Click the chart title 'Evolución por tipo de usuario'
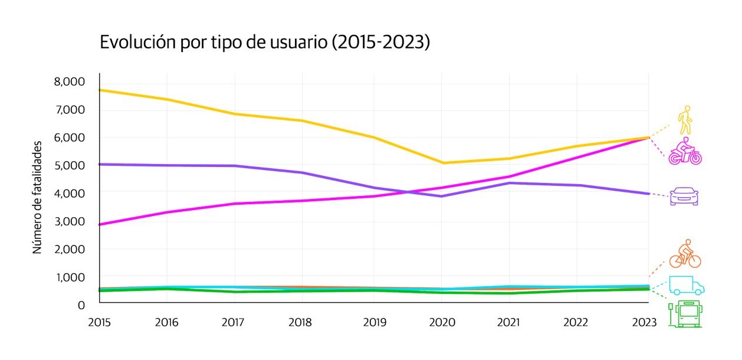coord(264,43)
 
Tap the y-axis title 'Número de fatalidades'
coord(38,197)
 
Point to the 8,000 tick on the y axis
coord(70,81)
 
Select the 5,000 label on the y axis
coord(70,165)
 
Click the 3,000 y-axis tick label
coord(70,221)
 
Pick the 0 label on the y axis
coord(81,305)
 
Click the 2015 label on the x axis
coord(99,322)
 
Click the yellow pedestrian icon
coord(684,120)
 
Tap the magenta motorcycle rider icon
coord(685,151)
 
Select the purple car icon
coord(684,196)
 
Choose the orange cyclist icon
coord(685,254)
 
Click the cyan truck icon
coord(686,286)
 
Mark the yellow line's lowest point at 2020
coord(442,163)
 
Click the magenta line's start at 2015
coord(100,224)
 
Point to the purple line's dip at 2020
coord(442,196)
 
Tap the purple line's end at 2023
coord(648,194)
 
